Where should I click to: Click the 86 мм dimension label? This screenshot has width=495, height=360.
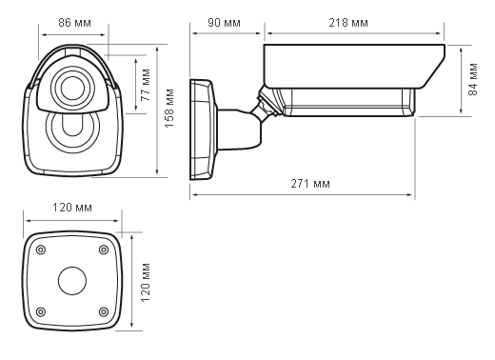click(x=74, y=23)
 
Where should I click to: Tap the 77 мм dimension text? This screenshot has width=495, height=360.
click(x=146, y=85)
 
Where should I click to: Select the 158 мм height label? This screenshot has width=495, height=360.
click(x=169, y=108)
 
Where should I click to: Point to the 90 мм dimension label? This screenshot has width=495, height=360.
click(x=224, y=23)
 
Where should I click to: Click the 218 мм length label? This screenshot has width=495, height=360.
click(x=348, y=23)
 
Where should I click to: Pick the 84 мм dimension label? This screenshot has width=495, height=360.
click(x=473, y=79)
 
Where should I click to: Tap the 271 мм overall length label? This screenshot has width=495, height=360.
click(x=310, y=184)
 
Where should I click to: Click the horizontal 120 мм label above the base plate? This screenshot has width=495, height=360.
click(x=72, y=208)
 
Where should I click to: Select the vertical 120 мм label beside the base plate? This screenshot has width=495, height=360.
click(x=145, y=283)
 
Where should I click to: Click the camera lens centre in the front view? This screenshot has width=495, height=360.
click(x=72, y=88)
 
